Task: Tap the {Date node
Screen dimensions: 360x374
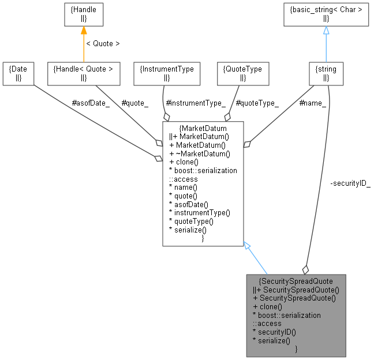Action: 18,73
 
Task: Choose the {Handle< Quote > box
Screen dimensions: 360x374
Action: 83,73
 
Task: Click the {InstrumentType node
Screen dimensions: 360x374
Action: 167,73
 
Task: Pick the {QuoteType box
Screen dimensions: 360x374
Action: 242,73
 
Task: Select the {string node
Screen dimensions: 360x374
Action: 326,73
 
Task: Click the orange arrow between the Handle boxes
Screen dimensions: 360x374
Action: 83,44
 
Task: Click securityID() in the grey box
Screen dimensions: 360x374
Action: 278,332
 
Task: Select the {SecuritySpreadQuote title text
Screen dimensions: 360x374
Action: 296,281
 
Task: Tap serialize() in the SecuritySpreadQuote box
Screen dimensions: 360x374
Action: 275,341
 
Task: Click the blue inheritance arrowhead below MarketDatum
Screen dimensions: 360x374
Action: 247,245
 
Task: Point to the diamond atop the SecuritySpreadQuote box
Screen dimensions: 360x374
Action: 305,269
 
